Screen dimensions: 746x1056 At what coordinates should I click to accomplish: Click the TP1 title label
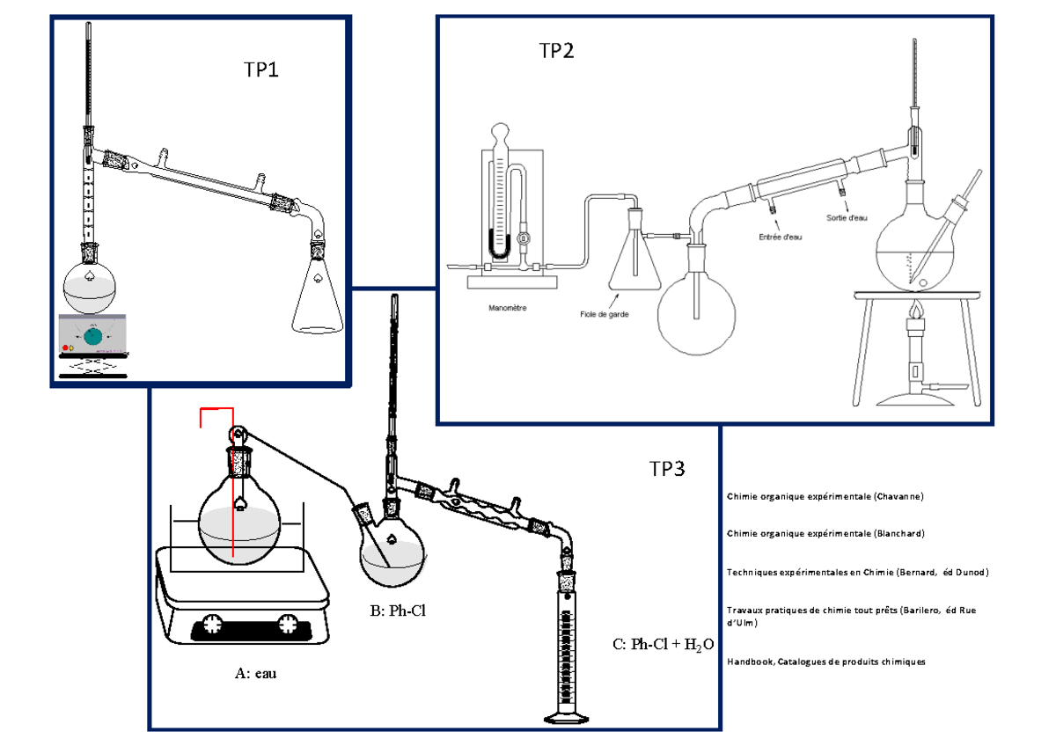[260, 70]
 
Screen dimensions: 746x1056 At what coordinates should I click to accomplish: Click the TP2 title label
[556, 51]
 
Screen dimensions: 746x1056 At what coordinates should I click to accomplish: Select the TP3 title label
[667, 469]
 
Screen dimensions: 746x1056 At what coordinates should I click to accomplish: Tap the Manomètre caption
[507, 309]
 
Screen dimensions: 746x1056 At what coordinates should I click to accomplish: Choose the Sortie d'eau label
[847, 218]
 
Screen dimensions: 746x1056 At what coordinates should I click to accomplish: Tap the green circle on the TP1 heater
[93, 335]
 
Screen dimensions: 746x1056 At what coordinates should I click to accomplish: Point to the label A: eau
[256, 674]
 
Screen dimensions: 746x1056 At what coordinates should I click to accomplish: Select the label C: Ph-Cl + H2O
[662, 644]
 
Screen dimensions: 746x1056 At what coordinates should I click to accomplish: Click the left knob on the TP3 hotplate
[213, 624]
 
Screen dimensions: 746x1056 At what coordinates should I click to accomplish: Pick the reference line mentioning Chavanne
[825, 496]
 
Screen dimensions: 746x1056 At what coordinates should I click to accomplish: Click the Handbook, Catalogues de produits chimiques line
[825, 662]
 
